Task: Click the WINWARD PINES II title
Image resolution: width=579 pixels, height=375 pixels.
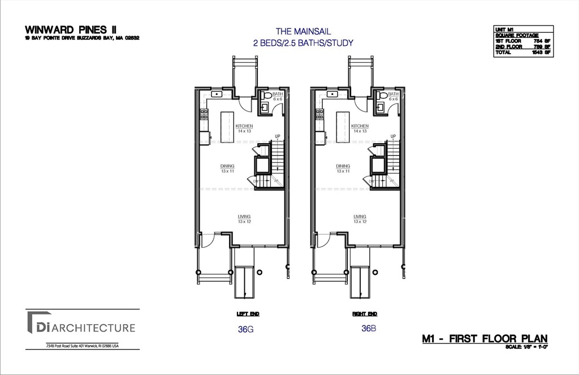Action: click(68, 29)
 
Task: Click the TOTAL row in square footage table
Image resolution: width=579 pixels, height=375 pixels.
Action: click(523, 52)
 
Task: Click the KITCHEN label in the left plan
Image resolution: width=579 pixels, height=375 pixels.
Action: click(244, 126)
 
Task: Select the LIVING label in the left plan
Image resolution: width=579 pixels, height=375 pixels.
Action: click(244, 217)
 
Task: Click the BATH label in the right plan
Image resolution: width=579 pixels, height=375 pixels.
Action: click(394, 94)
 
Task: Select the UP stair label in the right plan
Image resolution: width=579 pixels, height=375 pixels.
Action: click(392, 136)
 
